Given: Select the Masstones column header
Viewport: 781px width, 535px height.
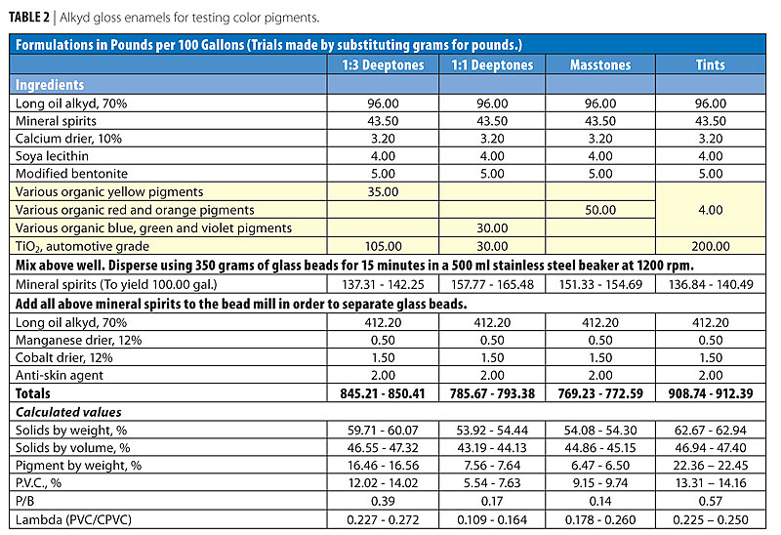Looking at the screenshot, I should tap(600, 65).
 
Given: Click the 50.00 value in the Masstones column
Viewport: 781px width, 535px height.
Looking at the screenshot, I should tap(600, 209).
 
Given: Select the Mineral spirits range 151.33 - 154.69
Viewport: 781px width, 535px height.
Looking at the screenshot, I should tap(600, 282).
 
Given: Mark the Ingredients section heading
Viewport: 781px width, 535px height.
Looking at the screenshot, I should tap(50, 85).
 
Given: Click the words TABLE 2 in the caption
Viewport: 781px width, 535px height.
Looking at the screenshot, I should tap(35, 18).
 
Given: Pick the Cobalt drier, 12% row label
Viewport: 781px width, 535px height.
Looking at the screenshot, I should tap(64, 355).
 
